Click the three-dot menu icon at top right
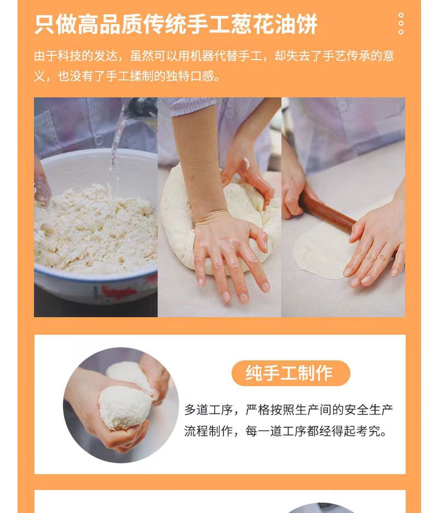pos(401,24)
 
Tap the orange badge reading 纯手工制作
pos(291,373)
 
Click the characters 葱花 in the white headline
pos(252,24)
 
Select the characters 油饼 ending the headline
pos(296,24)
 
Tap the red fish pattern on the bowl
pos(116,292)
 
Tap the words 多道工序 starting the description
pos(209,410)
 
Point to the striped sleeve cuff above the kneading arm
pos(190,107)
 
